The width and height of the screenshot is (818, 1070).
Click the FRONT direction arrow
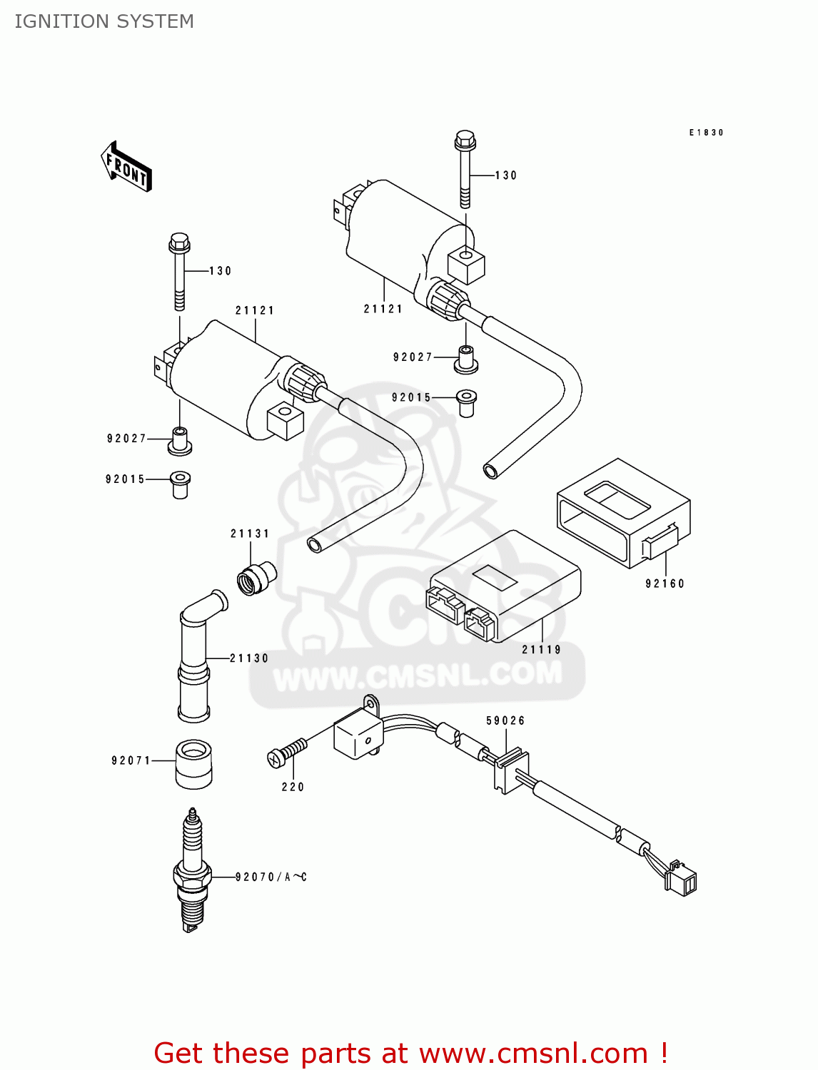pyautogui.click(x=127, y=167)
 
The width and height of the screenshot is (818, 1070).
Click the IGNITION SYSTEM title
pyautogui.click(x=104, y=21)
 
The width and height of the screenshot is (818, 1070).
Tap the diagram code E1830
pyautogui.click(x=706, y=133)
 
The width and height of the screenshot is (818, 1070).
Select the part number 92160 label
pyautogui.click(x=665, y=584)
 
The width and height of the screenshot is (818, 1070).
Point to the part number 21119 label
pyautogui.click(x=541, y=650)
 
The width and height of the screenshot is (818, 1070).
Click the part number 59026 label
pyautogui.click(x=505, y=720)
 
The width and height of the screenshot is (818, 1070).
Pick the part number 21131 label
pyautogui.click(x=250, y=534)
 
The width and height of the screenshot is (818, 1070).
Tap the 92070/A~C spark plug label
pyautogui.click(x=271, y=877)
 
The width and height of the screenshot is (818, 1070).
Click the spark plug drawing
pyautogui.click(x=192, y=870)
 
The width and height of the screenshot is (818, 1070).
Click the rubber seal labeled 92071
pyautogui.click(x=193, y=763)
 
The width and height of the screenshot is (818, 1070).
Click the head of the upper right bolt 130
pyautogui.click(x=465, y=139)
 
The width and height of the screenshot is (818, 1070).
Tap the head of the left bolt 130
pyautogui.click(x=179, y=243)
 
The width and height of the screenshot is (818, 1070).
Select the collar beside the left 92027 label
pyautogui.click(x=179, y=440)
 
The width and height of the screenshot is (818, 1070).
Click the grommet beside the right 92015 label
pyautogui.click(x=466, y=402)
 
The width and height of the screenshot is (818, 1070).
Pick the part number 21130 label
pyautogui.click(x=249, y=658)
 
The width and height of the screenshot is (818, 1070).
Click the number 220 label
pyautogui.click(x=293, y=787)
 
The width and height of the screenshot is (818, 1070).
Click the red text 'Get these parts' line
pyautogui.click(x=410, y=1053)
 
